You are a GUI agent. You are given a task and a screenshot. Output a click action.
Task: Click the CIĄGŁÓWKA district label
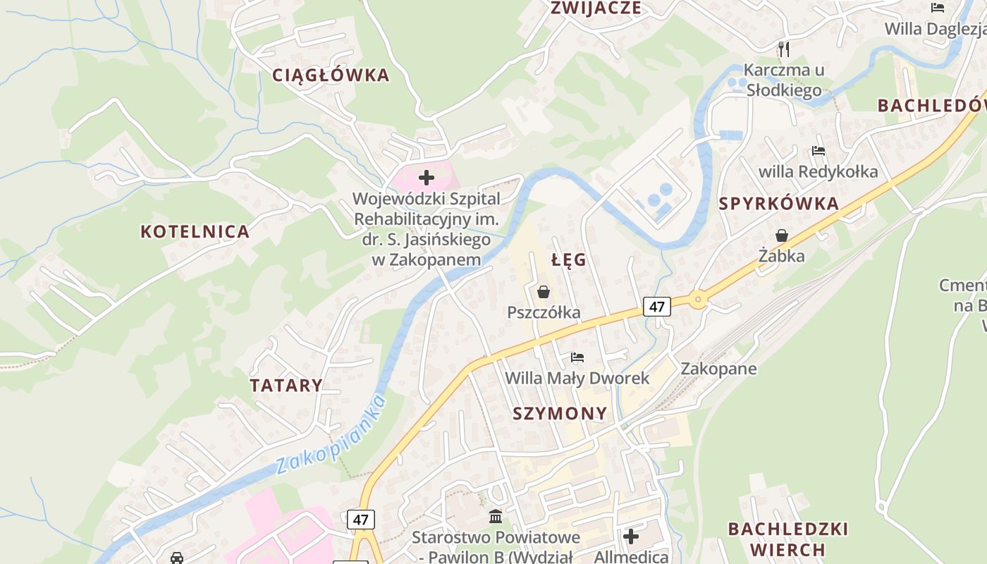331,75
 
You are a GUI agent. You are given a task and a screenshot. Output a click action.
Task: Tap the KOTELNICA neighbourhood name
195,231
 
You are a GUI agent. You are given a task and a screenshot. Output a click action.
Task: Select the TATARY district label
286,386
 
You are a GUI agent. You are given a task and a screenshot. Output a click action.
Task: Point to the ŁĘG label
569,260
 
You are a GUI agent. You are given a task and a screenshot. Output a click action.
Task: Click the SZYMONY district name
560,414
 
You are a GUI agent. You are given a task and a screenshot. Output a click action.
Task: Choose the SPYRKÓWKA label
779,204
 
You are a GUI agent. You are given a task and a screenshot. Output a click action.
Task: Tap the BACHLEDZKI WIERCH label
787,539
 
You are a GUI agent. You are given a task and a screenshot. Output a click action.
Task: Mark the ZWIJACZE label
596,8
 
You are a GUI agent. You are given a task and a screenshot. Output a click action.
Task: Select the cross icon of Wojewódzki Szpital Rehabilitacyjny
427,178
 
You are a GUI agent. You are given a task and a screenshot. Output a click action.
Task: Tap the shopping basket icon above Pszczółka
544,291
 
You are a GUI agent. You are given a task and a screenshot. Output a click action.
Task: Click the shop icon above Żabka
781,235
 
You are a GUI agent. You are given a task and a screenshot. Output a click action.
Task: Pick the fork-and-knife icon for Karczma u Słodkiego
783,49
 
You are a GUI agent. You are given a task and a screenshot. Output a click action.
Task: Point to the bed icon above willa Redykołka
818,150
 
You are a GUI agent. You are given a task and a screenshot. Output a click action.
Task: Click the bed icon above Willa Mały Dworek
577,357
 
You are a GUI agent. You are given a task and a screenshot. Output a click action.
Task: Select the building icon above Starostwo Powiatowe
496,516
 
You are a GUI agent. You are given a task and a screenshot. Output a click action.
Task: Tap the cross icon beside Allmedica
631,537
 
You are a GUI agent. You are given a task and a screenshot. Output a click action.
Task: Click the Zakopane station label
718,369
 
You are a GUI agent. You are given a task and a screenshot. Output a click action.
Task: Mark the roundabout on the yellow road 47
698,300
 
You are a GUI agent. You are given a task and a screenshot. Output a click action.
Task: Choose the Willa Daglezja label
935,29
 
